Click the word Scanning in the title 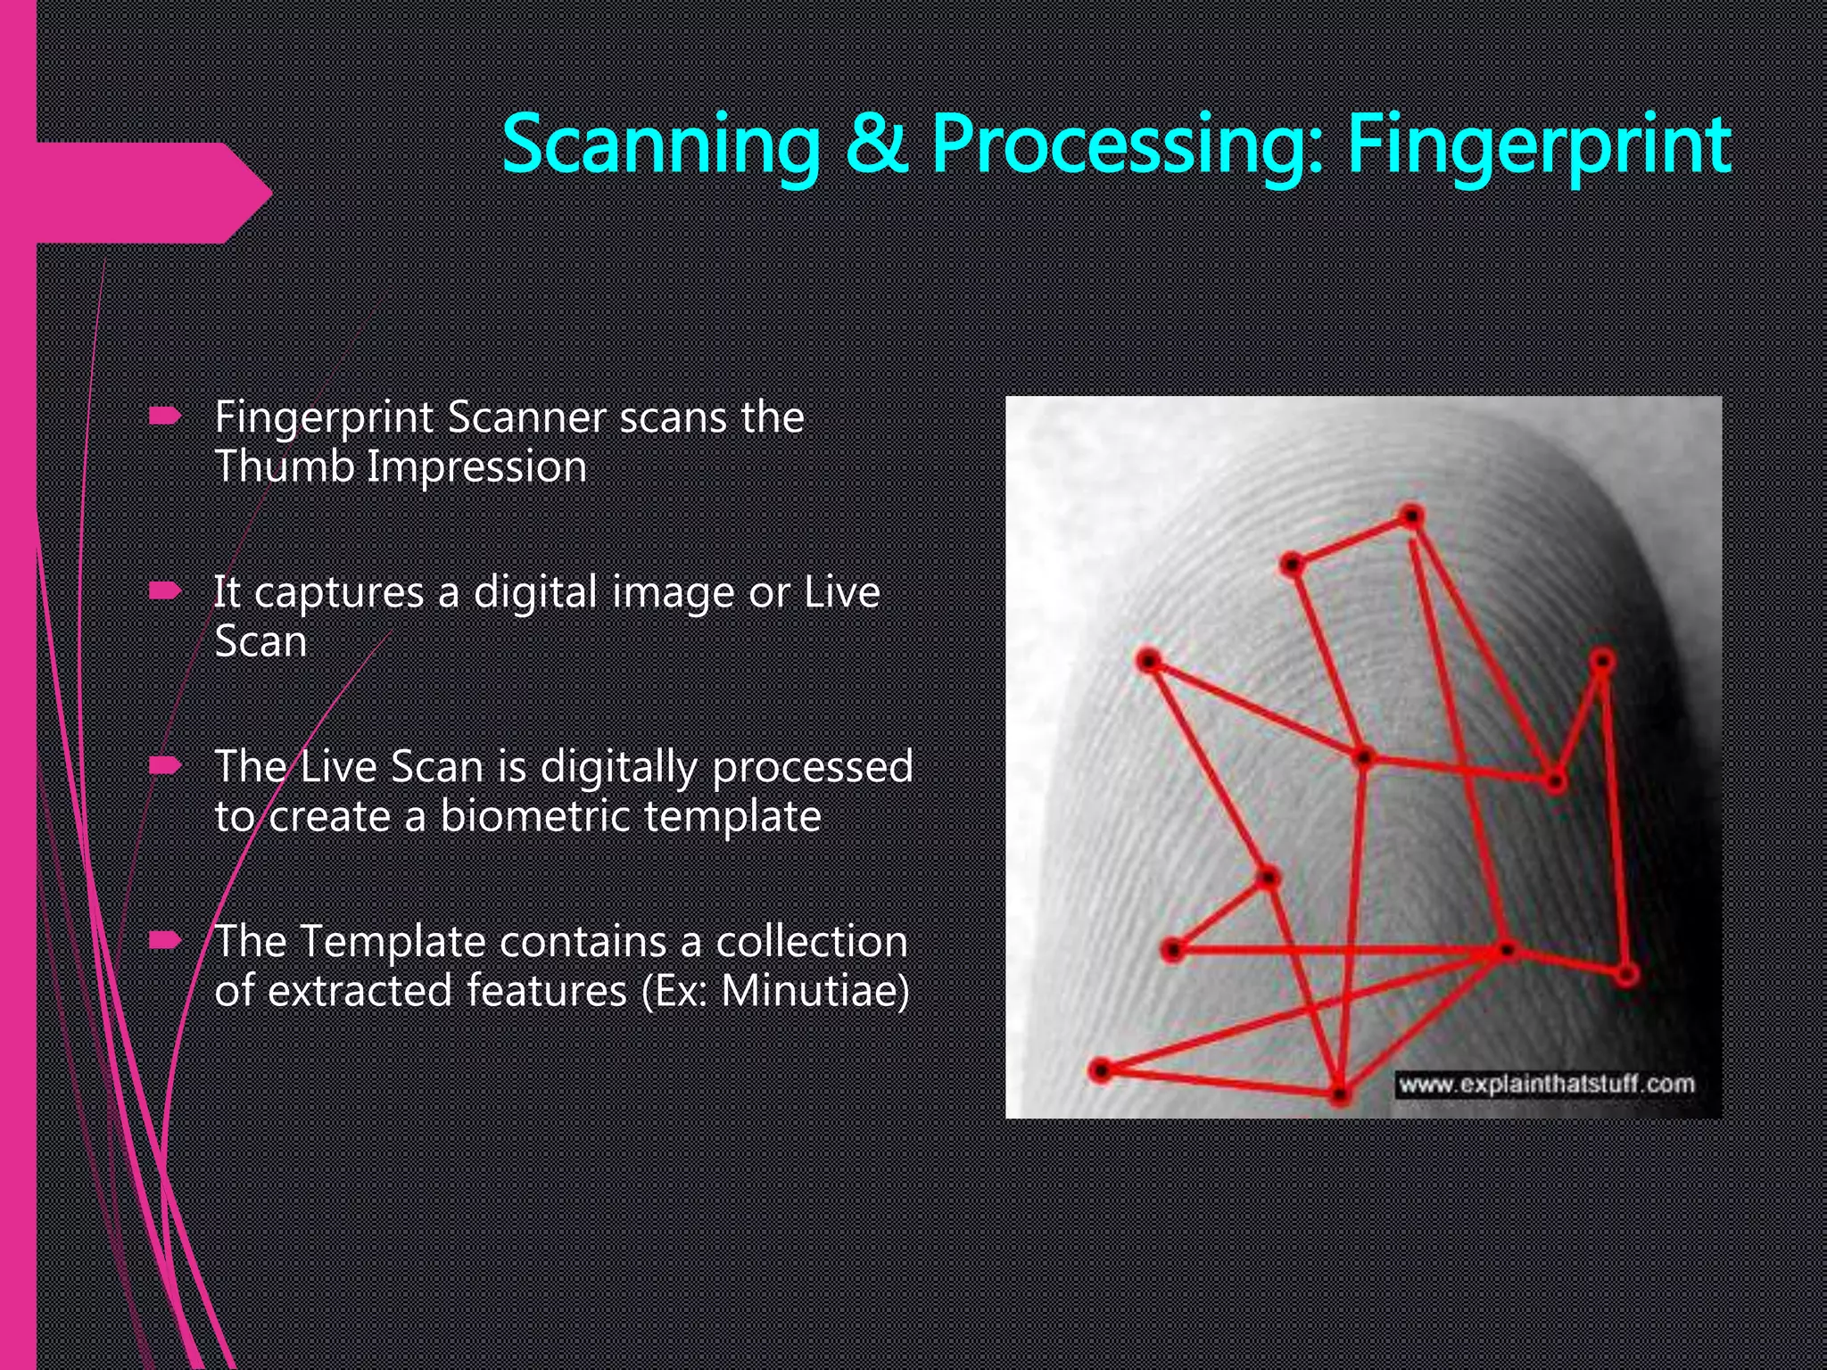(x=660, y=145)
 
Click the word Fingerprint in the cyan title (x=1539, y=145)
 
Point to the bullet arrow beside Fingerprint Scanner (x=165, y=416)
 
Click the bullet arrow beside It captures (x=165, y=590)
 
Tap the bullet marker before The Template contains (x=165, y=940)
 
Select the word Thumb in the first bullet (x=285, y=466)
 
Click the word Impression (x=476, y=467)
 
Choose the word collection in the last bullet (x=811, y=941)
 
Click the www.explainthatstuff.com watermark (x=1546, y=1085)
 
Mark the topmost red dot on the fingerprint (x=1411, y=516)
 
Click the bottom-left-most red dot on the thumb (x=1101, y=1069)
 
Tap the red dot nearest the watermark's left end (x=1339, y=1094)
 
